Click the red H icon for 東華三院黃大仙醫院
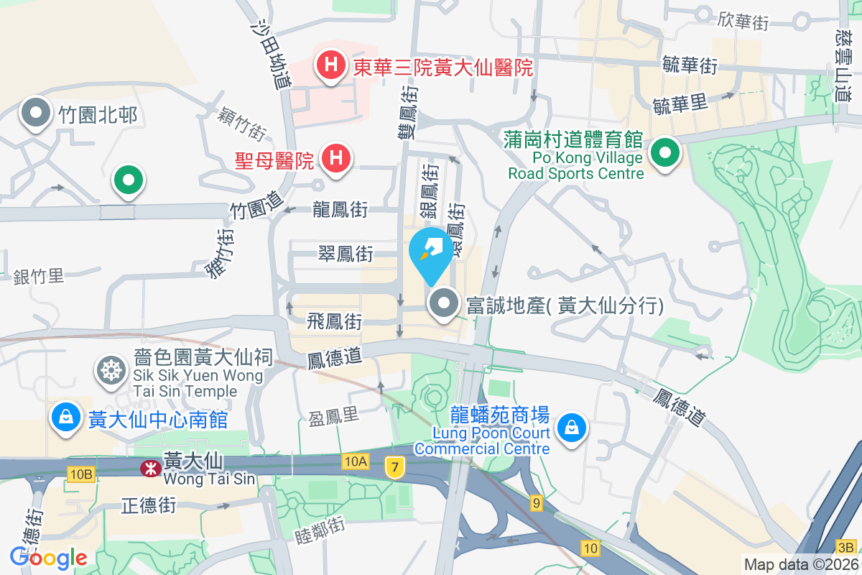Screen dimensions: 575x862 point(330,65)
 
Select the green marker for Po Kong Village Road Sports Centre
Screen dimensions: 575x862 point(665,153)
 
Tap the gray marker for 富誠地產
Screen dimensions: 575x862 point(444,303)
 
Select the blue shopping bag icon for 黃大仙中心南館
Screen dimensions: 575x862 point(66,417)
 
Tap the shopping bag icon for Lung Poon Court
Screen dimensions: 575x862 point(572,428)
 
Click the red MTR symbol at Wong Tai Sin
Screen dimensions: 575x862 point(150,469)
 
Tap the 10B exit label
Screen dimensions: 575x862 point(81,474)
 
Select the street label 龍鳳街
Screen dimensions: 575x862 point(340,210)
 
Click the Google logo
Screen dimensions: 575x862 point(48,557)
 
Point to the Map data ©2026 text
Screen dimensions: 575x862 point(800,564)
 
